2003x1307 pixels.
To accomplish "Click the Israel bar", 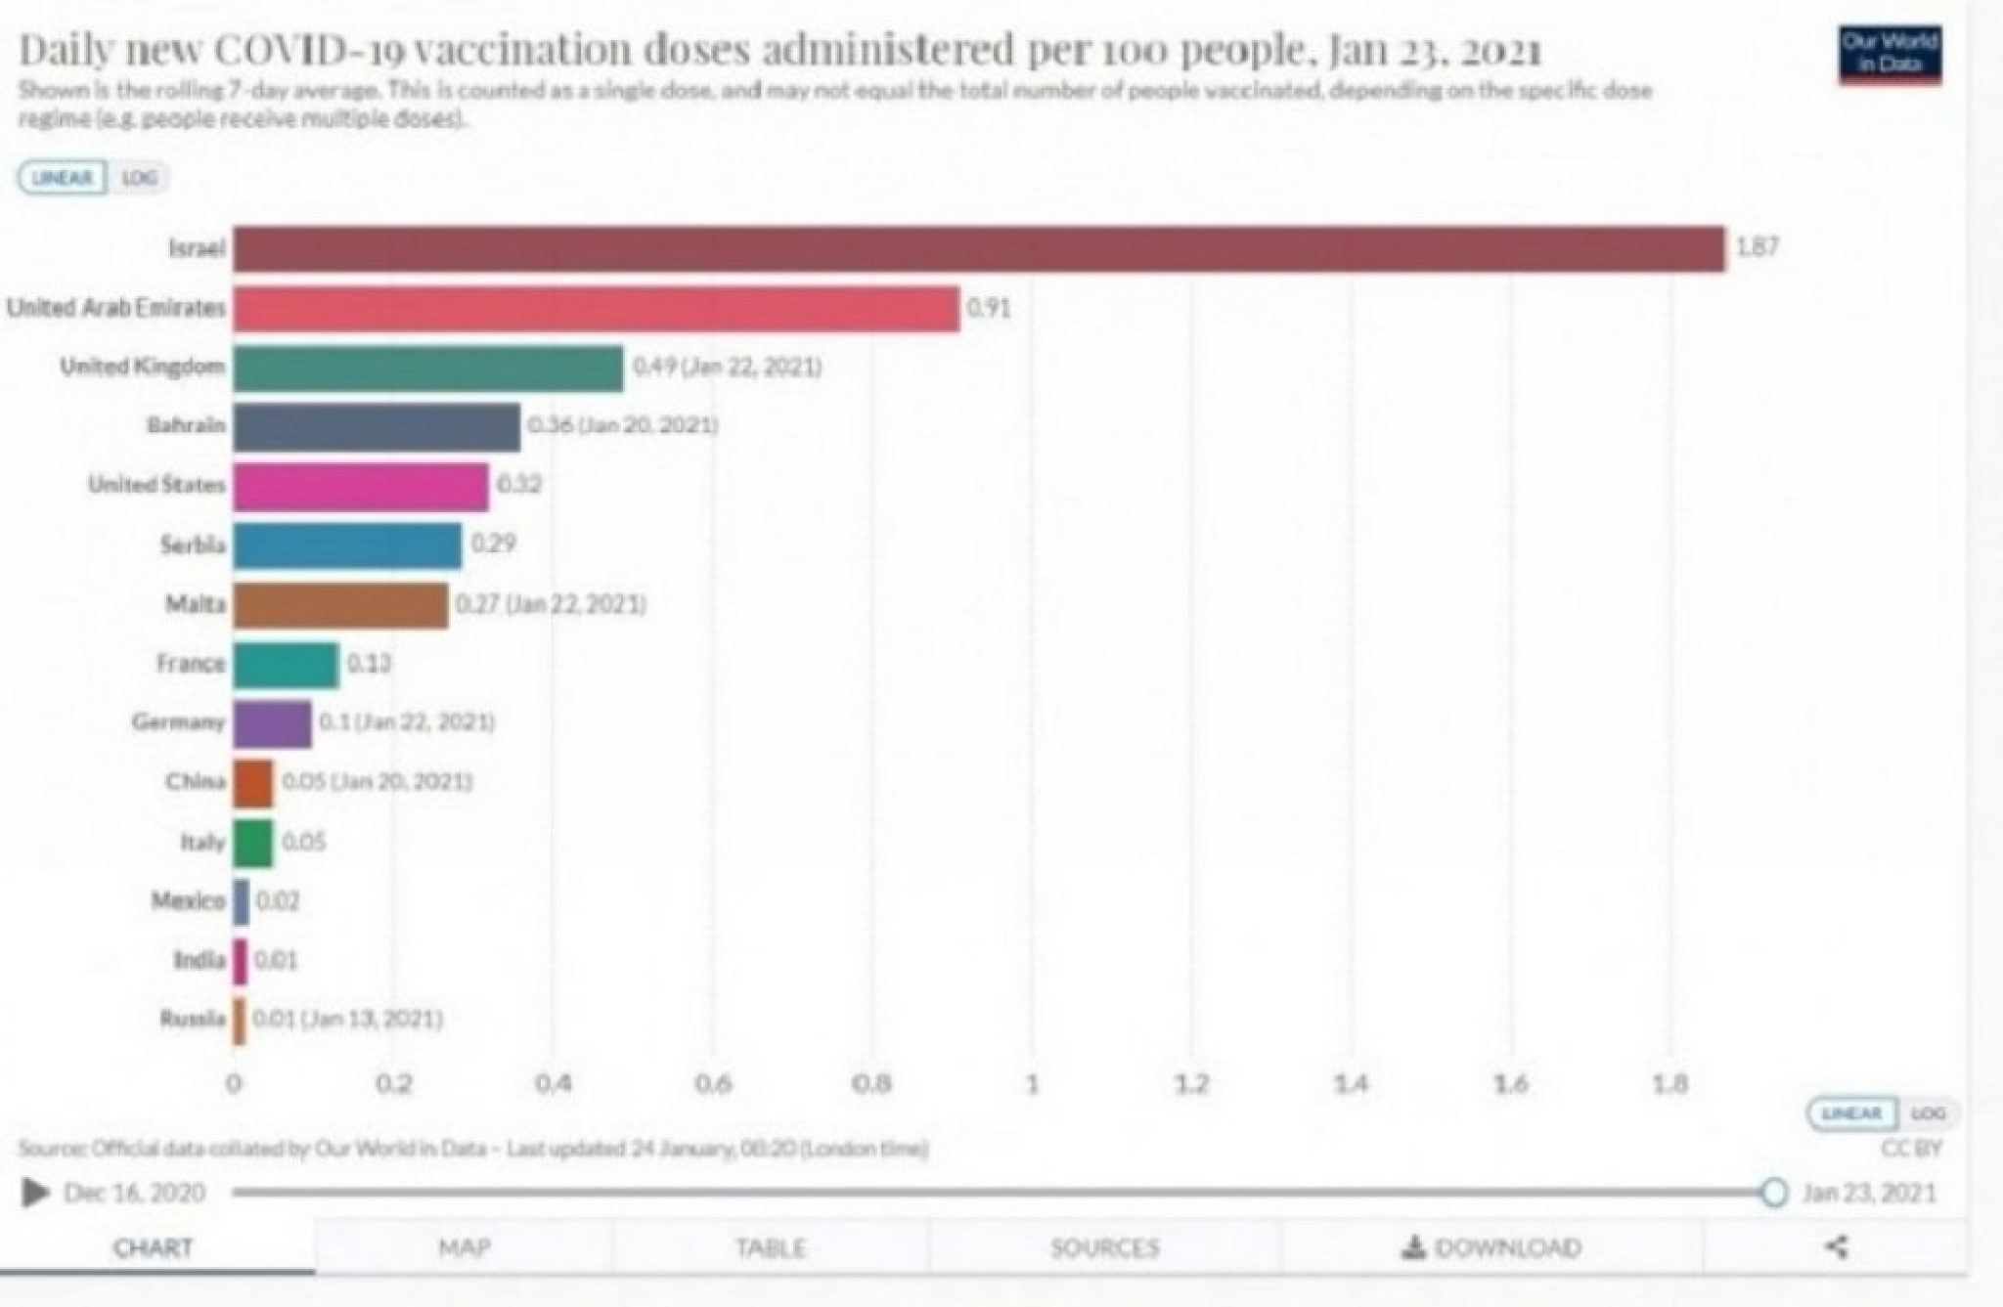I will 978,248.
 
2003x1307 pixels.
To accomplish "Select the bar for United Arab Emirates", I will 596,308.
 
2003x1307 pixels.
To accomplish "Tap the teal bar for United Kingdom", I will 427,368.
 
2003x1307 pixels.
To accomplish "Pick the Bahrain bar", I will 377,426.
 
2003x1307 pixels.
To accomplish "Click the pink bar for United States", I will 360,486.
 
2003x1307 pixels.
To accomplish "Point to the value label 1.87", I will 1757,247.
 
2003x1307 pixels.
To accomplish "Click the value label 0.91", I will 988,308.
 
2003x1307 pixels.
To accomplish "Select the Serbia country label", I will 193,545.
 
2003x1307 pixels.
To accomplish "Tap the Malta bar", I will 340,605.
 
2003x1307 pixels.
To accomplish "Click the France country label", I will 190,664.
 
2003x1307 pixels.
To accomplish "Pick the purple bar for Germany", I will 272,723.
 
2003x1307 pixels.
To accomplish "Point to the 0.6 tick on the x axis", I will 712,1084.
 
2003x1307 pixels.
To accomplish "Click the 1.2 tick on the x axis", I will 1191,1084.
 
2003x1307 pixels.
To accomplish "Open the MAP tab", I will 464,1247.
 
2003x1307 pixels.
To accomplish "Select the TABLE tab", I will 771,1247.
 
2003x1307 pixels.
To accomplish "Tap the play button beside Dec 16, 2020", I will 35,1193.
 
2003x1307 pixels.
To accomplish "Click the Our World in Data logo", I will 1890,53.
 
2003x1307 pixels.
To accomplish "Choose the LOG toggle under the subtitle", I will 140,178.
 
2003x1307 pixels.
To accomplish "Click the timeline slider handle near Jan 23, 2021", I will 1773,1193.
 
